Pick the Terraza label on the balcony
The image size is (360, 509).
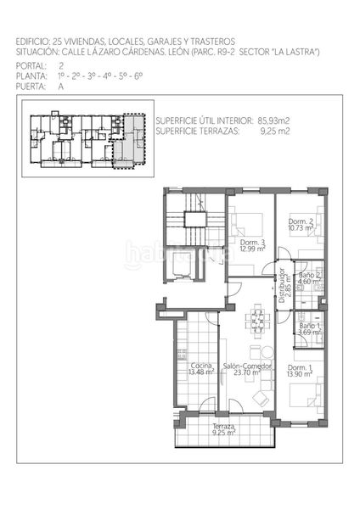tap(223, 426)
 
